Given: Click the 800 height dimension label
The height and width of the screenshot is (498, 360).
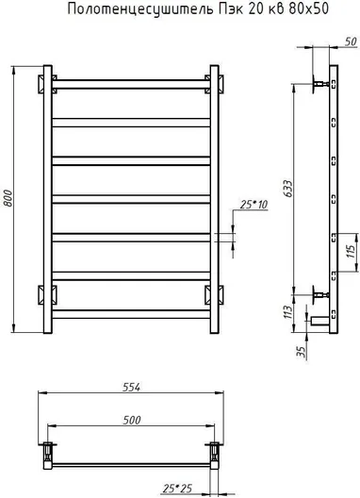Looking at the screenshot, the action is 8,198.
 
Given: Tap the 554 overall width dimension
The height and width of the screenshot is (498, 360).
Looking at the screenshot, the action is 131,387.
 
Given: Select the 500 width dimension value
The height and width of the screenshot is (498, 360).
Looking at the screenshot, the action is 132,421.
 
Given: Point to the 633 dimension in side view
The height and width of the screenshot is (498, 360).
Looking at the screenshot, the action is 288,189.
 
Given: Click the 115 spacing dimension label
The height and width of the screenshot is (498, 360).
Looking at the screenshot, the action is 351,252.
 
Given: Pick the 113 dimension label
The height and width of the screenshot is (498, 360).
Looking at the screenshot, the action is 287,312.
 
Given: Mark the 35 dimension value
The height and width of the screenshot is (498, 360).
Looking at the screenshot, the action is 301,351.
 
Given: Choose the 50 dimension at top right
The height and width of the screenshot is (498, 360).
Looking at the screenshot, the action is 351,41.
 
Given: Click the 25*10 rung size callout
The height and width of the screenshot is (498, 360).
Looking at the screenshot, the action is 254,205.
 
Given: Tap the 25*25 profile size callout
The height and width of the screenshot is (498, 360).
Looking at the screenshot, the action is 177,489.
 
